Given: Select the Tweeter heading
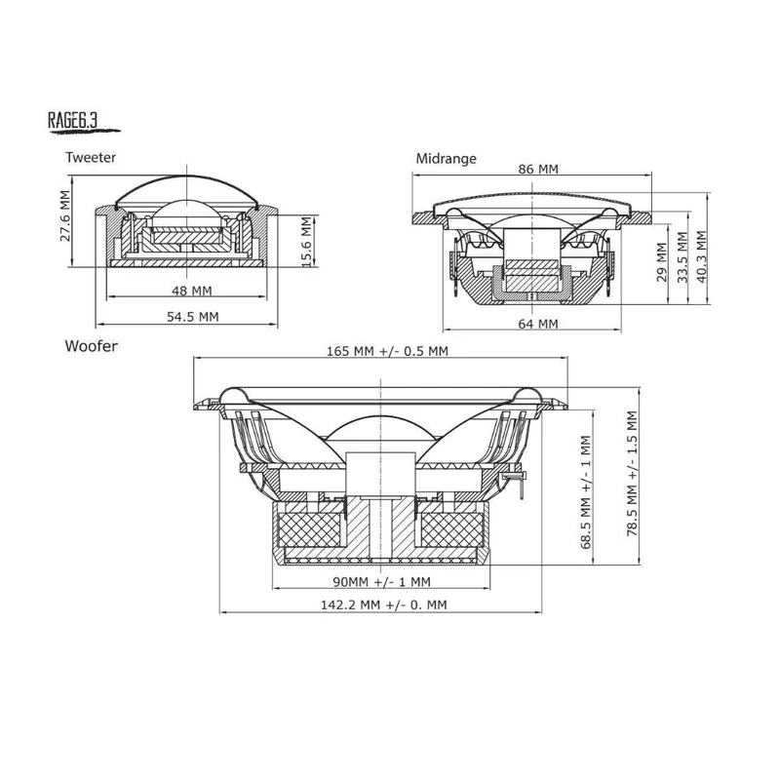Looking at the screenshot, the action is pos(91,157).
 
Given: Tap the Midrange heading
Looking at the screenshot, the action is pos(446,158).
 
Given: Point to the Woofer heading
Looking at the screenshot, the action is pos(91,346).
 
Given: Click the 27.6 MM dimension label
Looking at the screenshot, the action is pos(65,215).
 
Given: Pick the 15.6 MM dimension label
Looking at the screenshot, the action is pos(306,241).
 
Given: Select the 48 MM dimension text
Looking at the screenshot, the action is pos(192,290).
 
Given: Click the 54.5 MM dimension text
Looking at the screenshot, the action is pos(192,316).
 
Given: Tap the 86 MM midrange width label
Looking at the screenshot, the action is pos(538,169).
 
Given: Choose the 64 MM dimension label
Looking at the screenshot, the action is pos(538,324).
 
